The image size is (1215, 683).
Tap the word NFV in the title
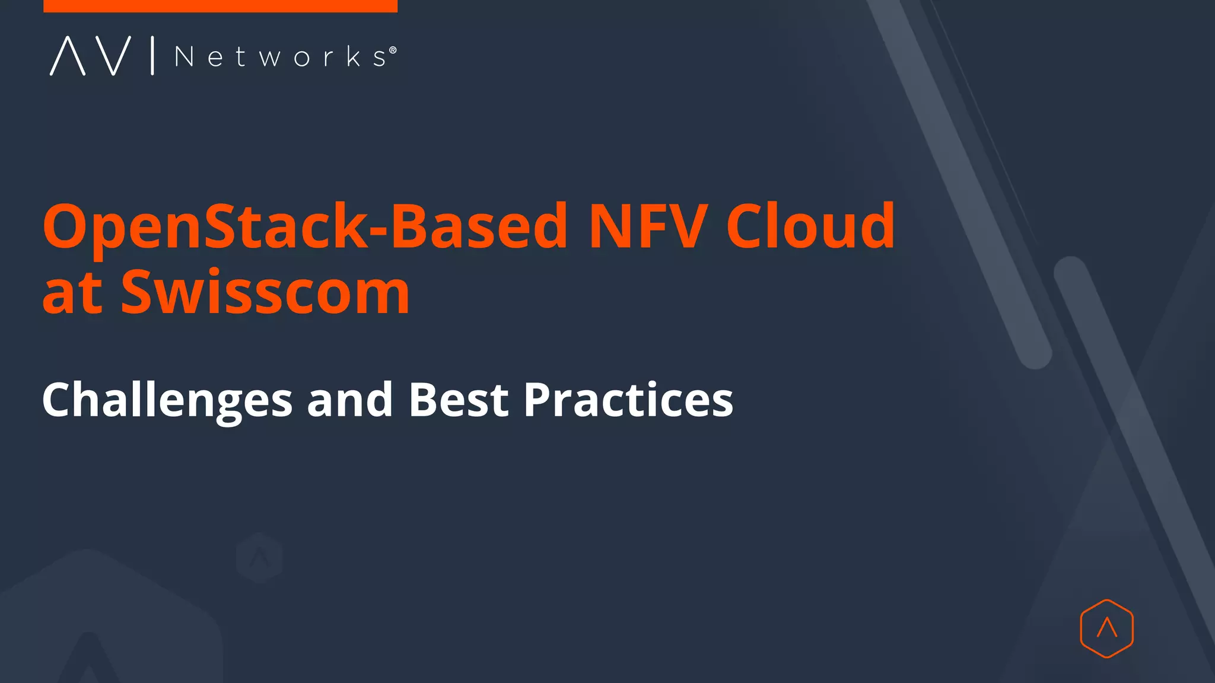pos(648,226)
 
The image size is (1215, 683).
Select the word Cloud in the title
pos(810,226)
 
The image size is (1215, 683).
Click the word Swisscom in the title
pos(265,292)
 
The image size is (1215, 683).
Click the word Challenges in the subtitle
pos(167,400)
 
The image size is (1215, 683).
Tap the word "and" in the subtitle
pos(350,400)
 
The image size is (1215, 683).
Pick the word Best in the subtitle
pos(459,400)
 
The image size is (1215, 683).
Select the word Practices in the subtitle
pos(628,400)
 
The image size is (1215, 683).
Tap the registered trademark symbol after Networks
pos(393,50)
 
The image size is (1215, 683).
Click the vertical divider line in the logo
pos(152,56)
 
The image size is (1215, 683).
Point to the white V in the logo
pos(113,56)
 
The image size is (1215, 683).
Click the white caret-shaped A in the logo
pos(67,56)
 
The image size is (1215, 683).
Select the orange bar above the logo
pos(220,6)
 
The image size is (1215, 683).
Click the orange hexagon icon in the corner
pos(1106,628)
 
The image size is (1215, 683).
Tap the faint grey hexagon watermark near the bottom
pos(259,557)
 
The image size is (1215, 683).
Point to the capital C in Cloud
pos(749,226)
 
